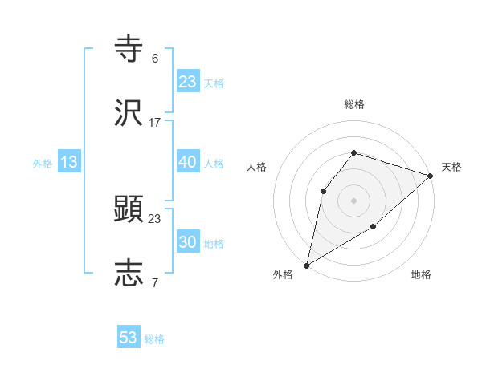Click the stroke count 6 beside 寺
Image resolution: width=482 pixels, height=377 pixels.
[155, 59]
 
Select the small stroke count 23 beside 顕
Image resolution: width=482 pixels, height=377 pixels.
[155, 218]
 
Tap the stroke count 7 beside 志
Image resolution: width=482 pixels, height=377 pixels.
[155, 282]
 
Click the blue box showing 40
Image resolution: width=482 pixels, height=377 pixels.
[187, 162]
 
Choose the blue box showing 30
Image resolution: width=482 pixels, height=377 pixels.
[187, 242]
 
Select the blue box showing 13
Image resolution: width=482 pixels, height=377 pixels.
[69, 162]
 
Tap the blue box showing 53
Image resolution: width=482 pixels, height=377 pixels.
[129, 338]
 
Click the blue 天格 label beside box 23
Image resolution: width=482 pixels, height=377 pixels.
[214, 83]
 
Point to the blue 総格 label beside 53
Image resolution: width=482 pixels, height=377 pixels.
[154, 339]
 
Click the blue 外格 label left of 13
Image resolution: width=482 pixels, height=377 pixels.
[43, 164]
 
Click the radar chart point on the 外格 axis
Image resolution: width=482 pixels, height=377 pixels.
[306, 266]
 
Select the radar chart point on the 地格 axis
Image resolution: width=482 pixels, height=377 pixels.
[374, 228]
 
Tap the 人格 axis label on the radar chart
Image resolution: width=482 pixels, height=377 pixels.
[256, 167]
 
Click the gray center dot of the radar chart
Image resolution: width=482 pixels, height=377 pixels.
[353, 200]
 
